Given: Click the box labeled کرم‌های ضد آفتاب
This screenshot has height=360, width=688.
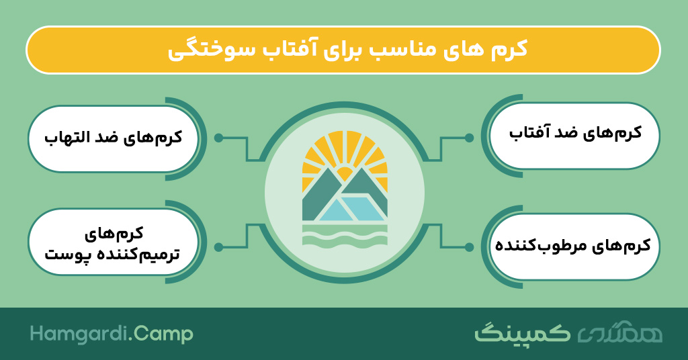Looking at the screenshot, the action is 574,136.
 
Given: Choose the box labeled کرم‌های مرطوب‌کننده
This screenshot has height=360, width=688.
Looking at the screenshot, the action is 574,246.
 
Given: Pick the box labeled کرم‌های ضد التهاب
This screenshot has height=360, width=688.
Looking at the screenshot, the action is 113,138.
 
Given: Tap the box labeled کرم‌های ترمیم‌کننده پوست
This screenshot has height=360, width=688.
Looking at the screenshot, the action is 113,242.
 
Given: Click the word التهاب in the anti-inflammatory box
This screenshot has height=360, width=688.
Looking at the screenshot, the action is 66,137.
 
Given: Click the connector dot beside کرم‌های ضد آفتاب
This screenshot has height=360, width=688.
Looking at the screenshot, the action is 469,138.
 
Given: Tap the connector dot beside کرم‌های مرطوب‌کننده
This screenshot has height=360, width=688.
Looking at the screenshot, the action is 469,247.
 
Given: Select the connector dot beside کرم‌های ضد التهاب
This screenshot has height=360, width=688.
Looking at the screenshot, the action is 218,138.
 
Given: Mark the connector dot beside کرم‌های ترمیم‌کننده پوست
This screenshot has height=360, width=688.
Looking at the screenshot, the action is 218,247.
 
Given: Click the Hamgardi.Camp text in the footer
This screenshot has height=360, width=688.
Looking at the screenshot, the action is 112,334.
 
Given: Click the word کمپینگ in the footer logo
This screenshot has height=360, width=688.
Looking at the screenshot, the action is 522,333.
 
